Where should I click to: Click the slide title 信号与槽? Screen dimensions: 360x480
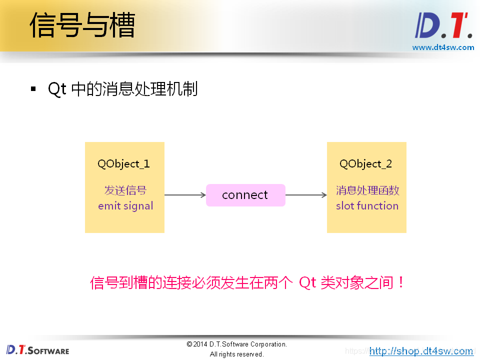(82, 25)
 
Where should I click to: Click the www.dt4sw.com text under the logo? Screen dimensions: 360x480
(443, 47)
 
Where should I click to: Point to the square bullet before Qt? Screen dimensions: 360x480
(33, 89)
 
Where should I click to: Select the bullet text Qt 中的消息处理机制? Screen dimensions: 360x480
(122, 89)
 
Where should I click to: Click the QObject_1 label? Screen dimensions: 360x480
(124, 164)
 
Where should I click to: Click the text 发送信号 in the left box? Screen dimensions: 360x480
(125, 190)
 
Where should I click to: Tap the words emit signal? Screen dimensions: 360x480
(125, 206)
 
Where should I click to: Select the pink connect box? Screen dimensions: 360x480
(245, 195)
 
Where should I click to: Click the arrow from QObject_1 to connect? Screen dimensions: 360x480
(185, 195)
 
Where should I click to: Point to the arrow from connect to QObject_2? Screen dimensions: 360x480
(306, 195)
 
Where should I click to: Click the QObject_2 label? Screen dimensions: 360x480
(366, 164)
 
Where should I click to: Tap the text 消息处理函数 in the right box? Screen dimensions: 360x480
(367, 190)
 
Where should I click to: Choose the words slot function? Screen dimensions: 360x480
(367, 206)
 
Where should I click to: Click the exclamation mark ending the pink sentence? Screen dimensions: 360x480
(400, 283)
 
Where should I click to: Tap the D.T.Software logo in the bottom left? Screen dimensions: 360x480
(38, 349)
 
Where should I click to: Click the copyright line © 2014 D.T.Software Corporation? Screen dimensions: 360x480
(236, 344)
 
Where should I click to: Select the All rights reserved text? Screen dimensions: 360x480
(236, 354)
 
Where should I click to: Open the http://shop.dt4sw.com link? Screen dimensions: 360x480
(421, 351)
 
